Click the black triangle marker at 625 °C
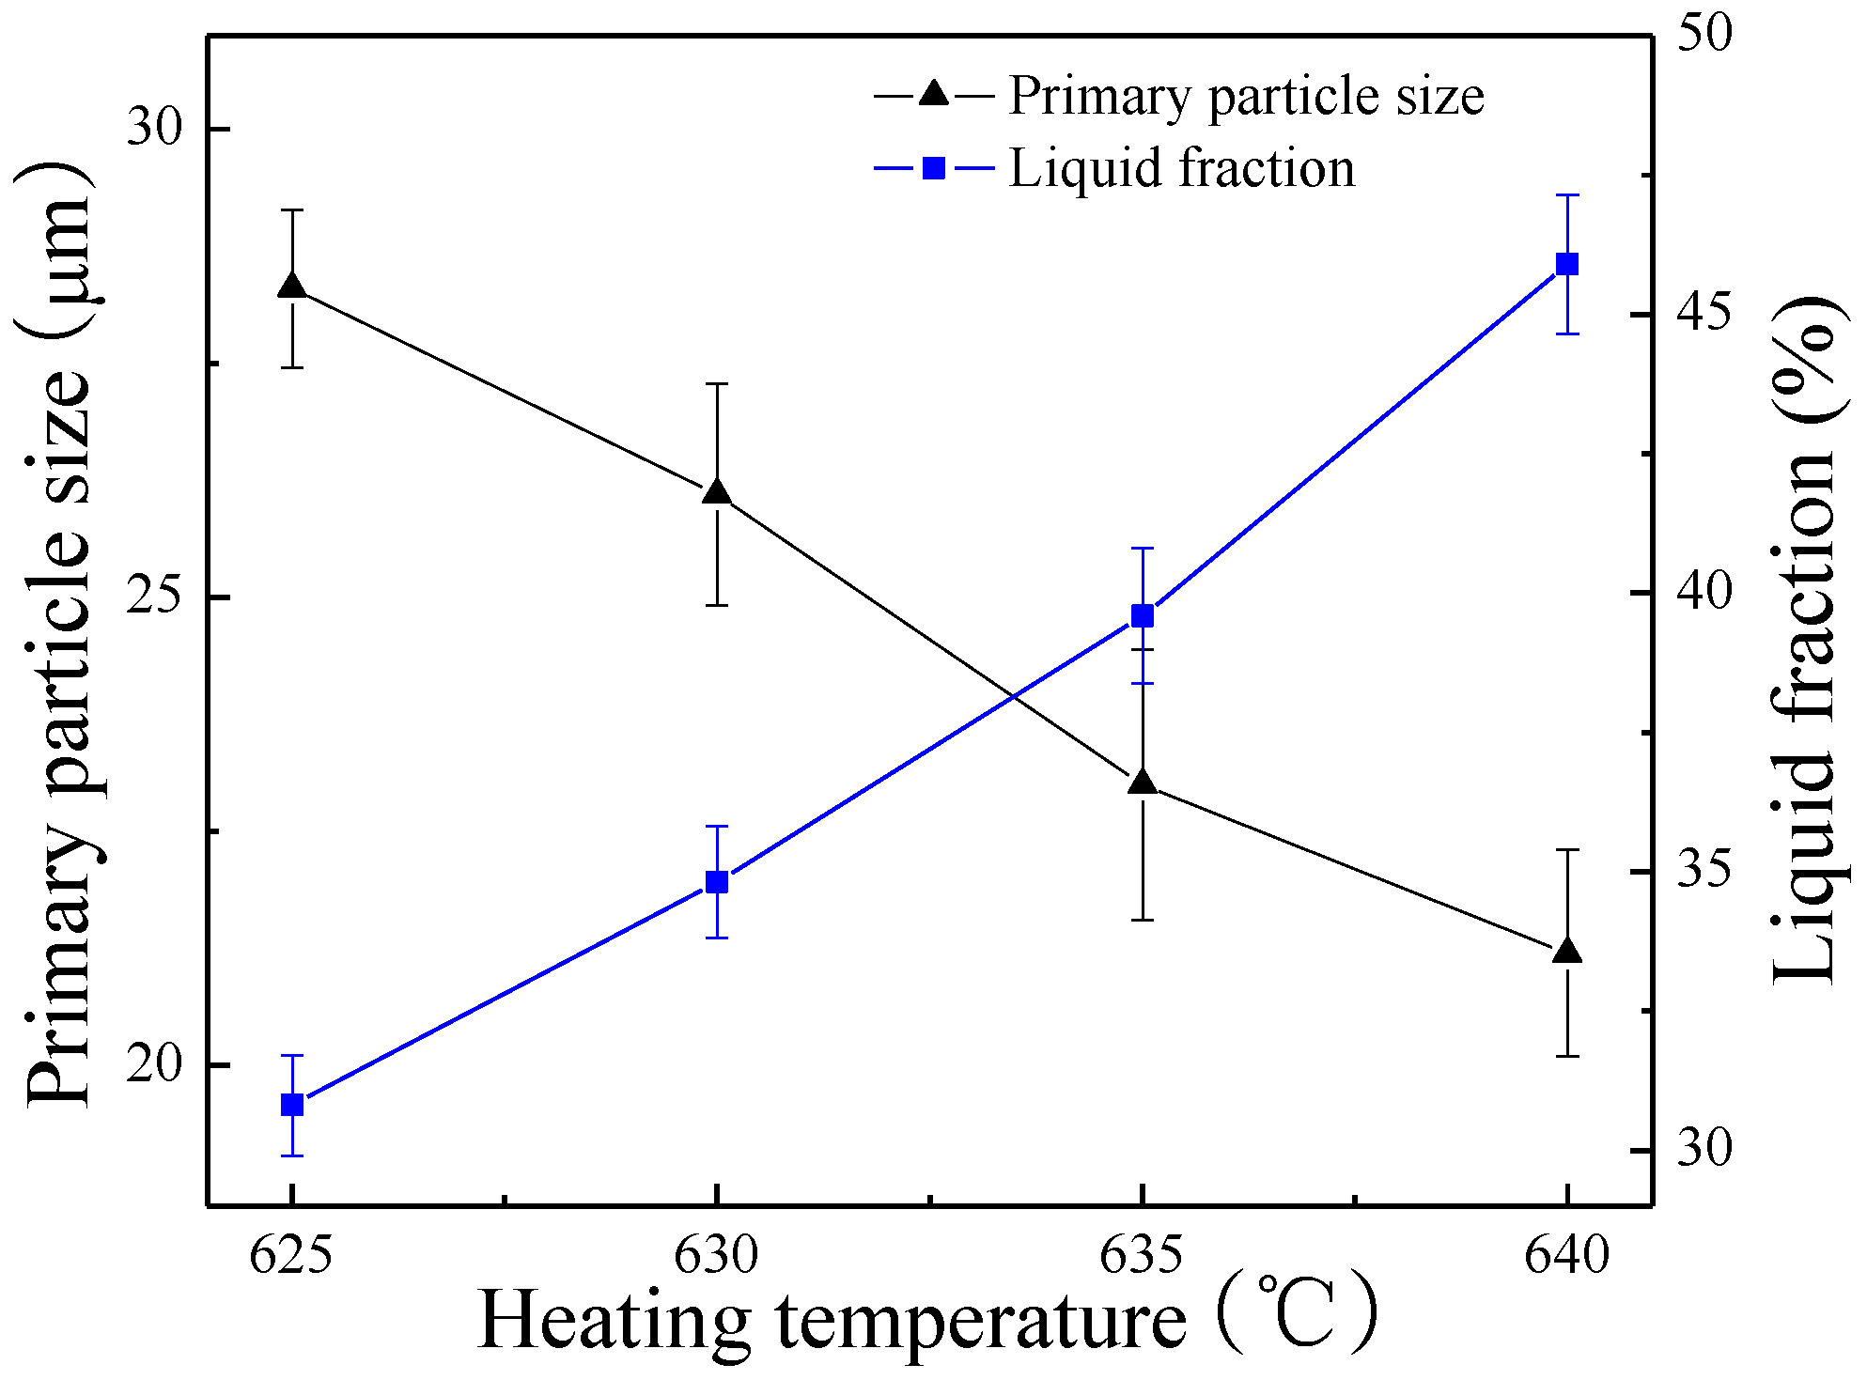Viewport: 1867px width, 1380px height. click(292, 287)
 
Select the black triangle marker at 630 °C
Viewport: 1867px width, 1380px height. click(717, 491)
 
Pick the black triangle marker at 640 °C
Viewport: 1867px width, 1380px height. click(1567, 951)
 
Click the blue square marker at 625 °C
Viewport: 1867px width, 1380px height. click(292, 1105)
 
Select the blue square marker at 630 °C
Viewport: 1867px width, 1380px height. click(717, 882)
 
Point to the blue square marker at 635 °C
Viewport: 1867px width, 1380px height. click(1143, 616)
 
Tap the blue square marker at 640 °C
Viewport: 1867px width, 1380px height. click(1567, 264)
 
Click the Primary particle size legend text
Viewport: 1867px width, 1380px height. click(1246, 97)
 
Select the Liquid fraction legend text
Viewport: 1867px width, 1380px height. click(1182, 169)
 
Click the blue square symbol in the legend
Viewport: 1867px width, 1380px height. click(934, 169)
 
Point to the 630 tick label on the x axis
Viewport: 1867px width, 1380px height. click(717, 1256)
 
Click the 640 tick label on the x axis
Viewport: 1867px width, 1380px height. click(1567, 1256)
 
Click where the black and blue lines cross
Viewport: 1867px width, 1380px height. click(1014, 696)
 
